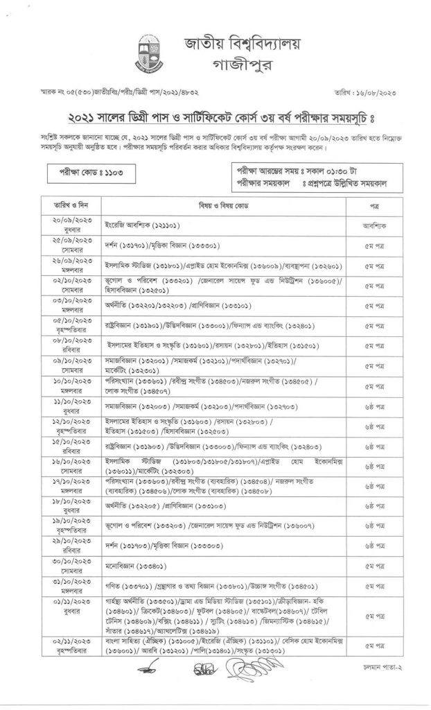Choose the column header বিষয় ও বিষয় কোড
point(223,207)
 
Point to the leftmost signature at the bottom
point(150,673)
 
